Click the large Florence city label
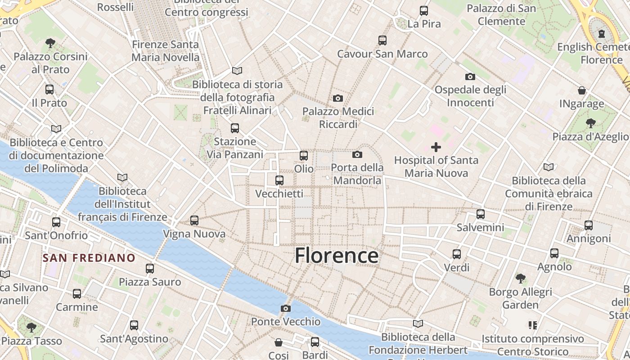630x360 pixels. (337, 256)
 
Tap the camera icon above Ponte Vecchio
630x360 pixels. (285, 308)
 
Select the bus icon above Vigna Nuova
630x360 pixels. (194, 220)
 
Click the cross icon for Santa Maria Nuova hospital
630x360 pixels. (436, 147)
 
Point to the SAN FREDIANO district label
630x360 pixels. (89, 258)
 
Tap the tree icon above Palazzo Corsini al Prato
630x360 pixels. (50, 43)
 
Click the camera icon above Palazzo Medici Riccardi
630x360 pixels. (337, 98)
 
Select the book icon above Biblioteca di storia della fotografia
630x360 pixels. (237, 71)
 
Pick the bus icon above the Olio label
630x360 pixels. (304, 156)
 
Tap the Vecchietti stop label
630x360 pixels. (279, 193)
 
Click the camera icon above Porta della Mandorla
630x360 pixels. (357, 154)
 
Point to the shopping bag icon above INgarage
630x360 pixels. (582, 90)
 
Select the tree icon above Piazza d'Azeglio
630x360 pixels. (590, 123)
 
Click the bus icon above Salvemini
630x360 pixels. (481, 214)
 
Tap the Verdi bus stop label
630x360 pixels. (457, 267)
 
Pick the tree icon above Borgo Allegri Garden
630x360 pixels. (521, 278)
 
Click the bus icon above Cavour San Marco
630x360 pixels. (382, 40)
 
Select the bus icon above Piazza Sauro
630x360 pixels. (150, 269)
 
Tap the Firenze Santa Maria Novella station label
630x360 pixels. (165, 51)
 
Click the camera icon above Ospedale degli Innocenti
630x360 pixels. (470, 76)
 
